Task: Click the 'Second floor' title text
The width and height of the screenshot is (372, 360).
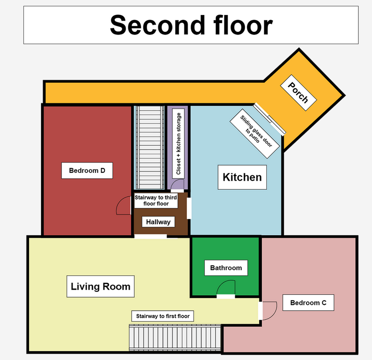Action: coord(191,25)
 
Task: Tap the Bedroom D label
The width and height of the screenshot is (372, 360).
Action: coord(87,170)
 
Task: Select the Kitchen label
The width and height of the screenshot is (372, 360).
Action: coord(242,177)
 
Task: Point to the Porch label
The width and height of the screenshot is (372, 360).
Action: coord(298,93)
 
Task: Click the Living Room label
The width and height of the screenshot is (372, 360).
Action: coord(101,286)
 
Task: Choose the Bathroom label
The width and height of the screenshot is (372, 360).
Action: coord(226,268)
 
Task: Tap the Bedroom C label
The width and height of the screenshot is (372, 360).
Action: coord(308,303)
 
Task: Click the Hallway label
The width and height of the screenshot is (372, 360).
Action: coord(158,222)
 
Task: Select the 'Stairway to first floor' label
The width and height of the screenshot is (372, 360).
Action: coord(163,316)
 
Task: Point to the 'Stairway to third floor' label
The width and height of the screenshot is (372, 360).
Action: coord(156,200)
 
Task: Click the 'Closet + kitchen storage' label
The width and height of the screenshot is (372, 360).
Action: coord(178,144)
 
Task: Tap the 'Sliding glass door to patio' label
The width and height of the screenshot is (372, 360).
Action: coord(255,134)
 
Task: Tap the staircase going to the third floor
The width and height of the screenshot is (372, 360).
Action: coord(149,147)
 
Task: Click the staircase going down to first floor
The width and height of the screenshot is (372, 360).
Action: coord(175,338)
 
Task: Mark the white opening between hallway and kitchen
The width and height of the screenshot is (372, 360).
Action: coord(189,208)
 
